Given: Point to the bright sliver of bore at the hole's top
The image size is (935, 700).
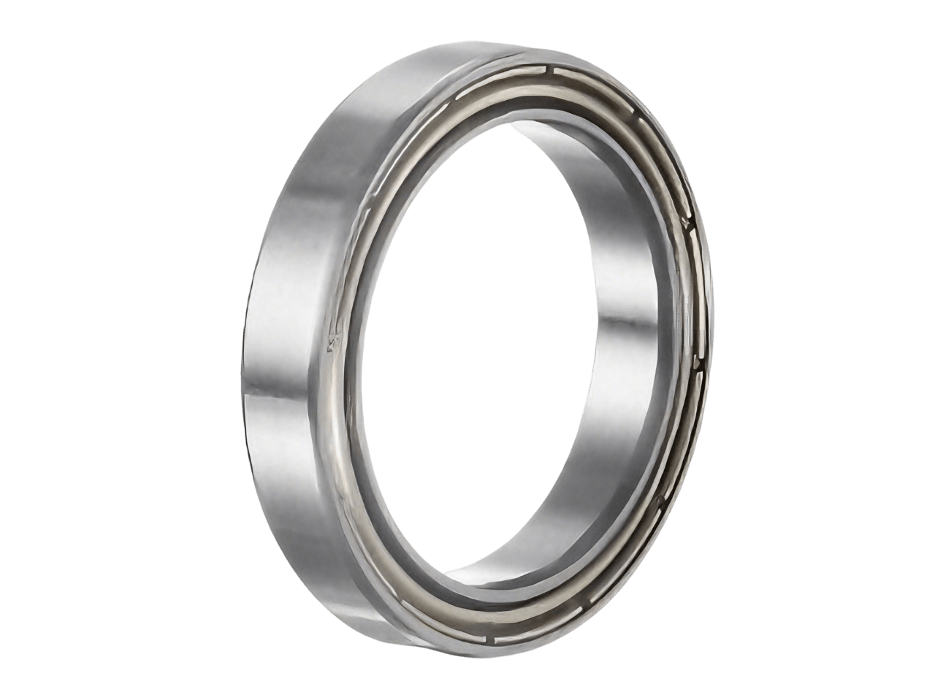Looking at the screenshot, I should tap(541, 131).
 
